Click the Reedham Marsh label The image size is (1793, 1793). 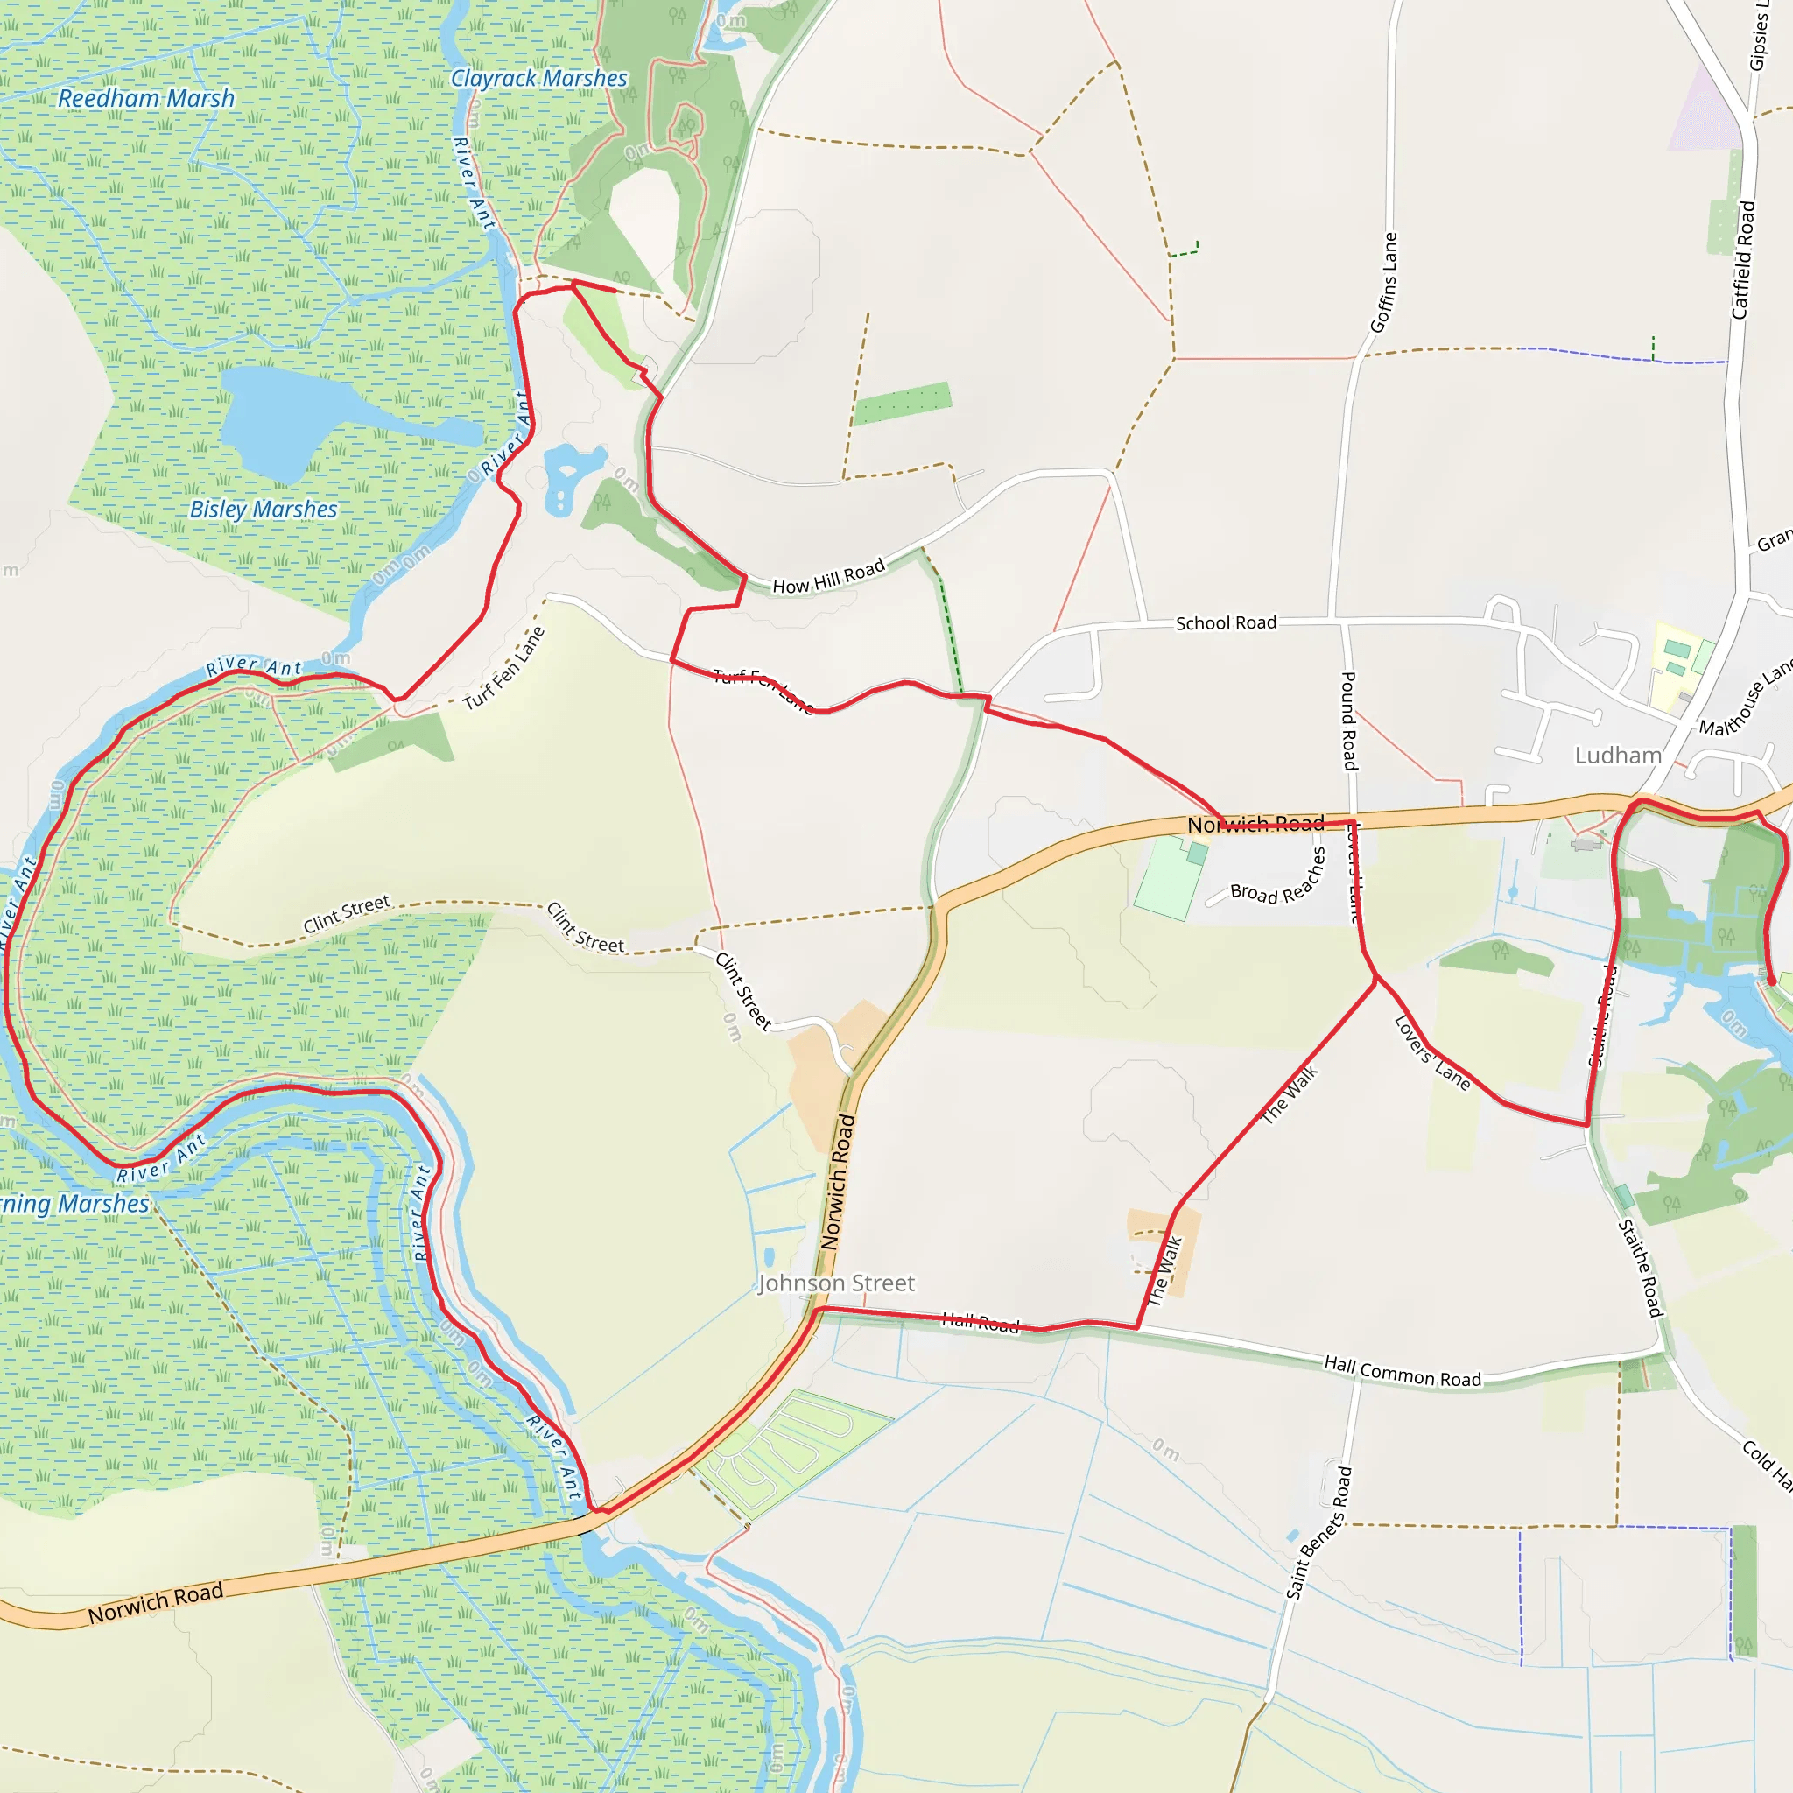pos(146,98)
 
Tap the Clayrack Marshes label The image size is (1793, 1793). pos(539,79)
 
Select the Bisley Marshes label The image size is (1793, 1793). pos(264,510)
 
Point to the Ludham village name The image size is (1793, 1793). pos(1618,756)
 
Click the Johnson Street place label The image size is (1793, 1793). pos(836,1283)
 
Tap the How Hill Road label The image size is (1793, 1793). pos(829,576)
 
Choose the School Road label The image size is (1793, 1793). pos(1226,622)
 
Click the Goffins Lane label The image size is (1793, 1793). pos(1384,282)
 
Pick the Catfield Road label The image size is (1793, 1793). pos(1744,260)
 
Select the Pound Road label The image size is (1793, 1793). pos(1349,721)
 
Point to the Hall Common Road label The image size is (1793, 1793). pos(1403,1372)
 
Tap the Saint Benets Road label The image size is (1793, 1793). pos(1318,1533)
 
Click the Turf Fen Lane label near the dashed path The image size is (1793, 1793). pos(504,668)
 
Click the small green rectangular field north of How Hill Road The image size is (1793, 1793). pos(902,404)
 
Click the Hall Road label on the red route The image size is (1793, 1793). pos(980,1324)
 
